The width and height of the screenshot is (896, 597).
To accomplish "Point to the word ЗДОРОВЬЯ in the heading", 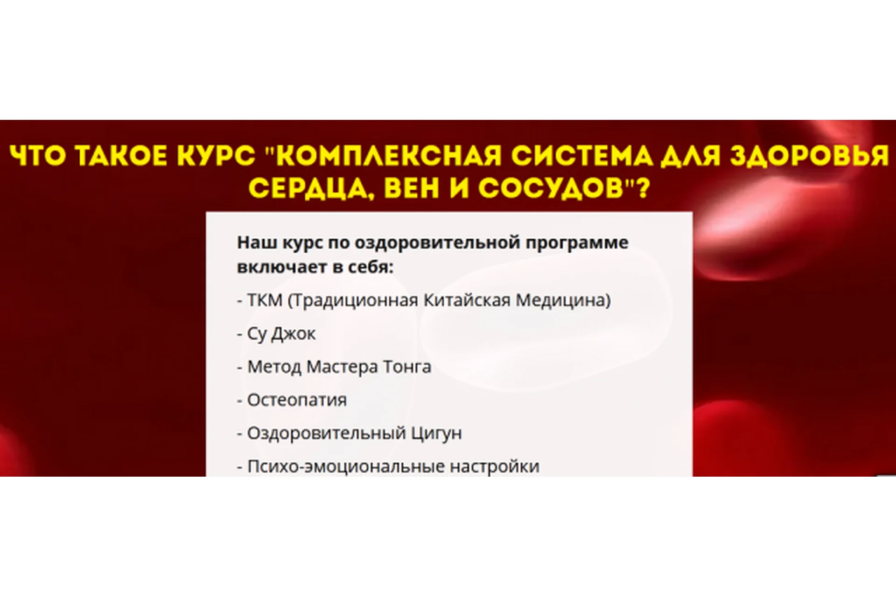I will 809,156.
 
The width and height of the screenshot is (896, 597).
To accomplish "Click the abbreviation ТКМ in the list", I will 265,300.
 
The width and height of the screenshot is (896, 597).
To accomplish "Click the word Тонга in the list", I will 407,367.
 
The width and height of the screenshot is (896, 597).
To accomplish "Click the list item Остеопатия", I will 297,400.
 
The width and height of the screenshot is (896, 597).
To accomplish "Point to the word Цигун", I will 436,433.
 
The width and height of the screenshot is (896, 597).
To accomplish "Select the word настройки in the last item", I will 495,466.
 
